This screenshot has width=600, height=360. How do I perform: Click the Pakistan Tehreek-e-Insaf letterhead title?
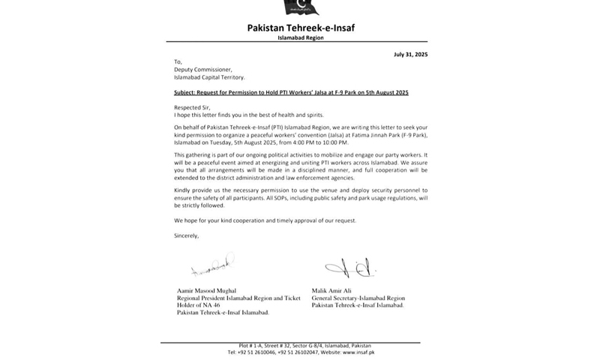[301, 28]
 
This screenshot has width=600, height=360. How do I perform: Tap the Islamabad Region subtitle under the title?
[301, 37]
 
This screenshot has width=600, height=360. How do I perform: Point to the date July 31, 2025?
[410, 55]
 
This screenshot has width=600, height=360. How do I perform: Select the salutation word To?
[178, 62]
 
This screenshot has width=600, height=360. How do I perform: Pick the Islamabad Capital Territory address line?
[209, 77]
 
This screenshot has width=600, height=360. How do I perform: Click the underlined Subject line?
[291, 92]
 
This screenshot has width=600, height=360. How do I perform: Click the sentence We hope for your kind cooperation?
[265, 220]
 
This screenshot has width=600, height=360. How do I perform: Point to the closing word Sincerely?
[187, 235]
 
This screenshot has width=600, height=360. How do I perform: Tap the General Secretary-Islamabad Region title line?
[358, 298]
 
